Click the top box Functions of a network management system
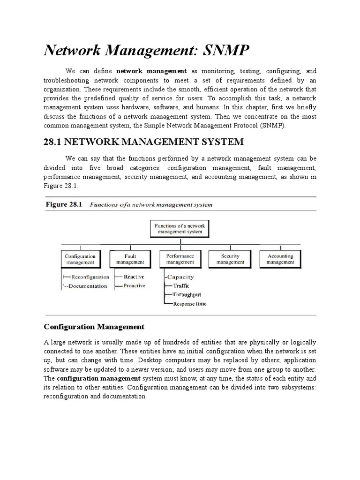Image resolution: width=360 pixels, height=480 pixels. [180, 229]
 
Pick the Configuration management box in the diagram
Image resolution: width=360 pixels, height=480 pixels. [80, 259]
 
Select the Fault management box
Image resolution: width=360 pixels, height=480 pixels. [130, 259]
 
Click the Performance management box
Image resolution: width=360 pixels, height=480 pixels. [180, 259]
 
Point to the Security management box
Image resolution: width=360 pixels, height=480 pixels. [230, 259]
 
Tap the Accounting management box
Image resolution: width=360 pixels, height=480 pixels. [280, 259]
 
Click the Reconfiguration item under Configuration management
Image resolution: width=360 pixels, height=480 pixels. [90, 277]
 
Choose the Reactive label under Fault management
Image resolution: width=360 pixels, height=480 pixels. [134, 277]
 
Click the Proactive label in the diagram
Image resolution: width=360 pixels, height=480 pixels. [135, 285]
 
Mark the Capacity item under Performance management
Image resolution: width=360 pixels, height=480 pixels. [180, 277]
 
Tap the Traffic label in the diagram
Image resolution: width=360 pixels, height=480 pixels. [181, 285]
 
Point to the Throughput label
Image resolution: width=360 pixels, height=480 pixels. [187, 294]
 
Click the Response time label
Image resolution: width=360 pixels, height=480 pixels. [190, 304]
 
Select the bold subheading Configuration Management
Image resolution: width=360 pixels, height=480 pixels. [94, 326]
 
